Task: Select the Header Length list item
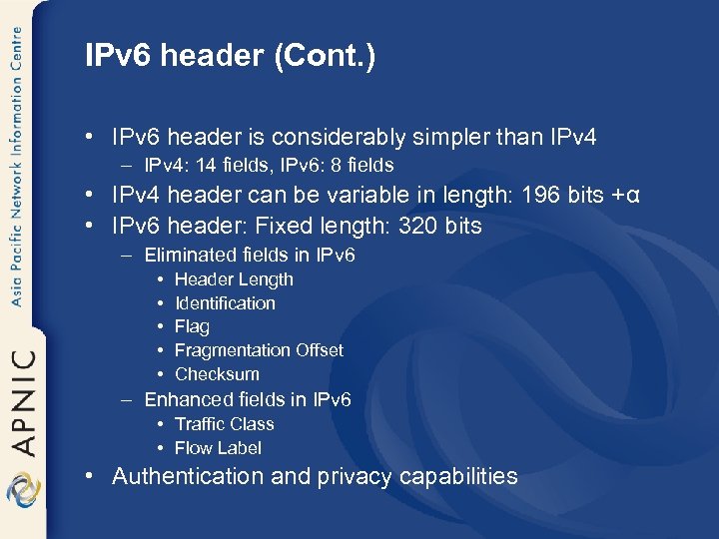point(234,279)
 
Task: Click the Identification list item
point(225,303)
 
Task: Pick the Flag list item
point(192,326)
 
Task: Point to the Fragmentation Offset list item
point(259,350)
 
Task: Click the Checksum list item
point(217,374)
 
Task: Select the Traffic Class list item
point(224,424)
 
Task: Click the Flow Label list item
point(218,448)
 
